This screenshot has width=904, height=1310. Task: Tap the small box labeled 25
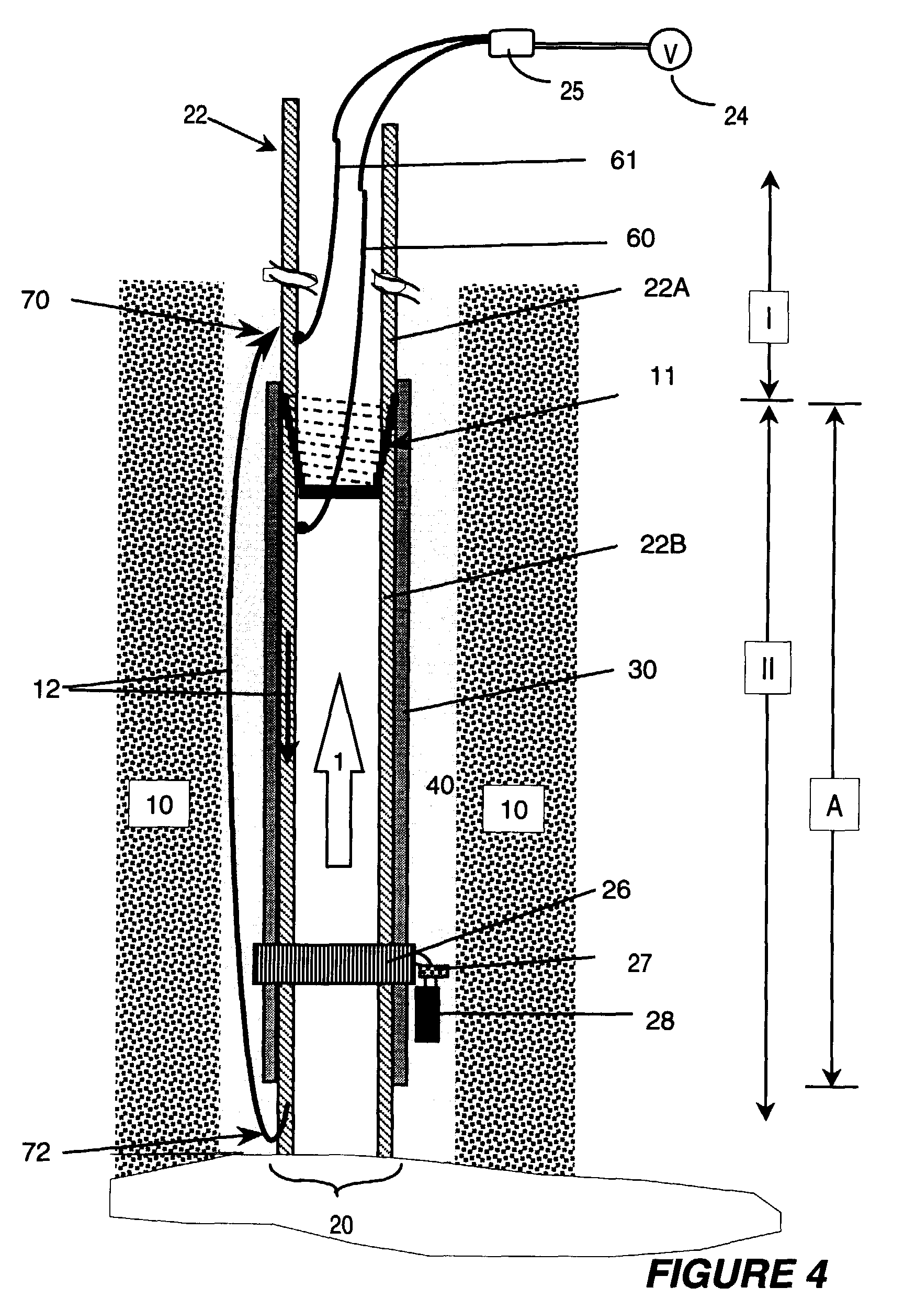pyautogui.click(x=511, y=43)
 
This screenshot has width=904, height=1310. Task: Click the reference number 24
pyautogui.click(x=735, y=116)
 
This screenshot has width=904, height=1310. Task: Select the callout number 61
pyautogui.click(x=623, y=160)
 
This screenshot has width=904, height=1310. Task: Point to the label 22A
pyautogui.click(x=666, y=288)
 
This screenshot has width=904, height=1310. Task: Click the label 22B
pyautogui.click(x=663, y=545)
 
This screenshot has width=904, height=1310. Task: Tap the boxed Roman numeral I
pyautogui.click(x=768, y=317)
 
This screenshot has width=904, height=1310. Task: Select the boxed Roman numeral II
pyautogui.click(x=767, y=668)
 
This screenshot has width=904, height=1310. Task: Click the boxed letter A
pyautogui.click(x=834, y=804)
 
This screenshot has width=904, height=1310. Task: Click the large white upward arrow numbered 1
pyautogui.click(x=338, y=770)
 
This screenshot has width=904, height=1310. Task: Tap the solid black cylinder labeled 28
pyautogui.click(x=427, y=1013)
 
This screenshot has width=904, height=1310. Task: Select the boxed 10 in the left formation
pyautogui.click(x=159, y=804)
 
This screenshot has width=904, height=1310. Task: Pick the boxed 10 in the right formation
pyautogui.click(x=514, y=809)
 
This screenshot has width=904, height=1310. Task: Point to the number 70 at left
pyautogui.click(x=35, y=300)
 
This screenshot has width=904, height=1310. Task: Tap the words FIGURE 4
pyautogui.click(x=737, y=1274)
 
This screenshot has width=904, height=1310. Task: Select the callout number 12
pyautogui.click(x=47, y=688)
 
